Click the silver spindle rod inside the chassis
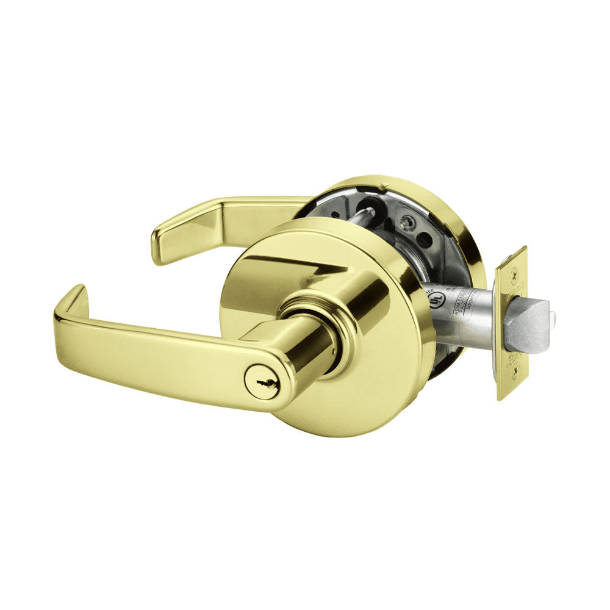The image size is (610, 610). click(x=365, y=215)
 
